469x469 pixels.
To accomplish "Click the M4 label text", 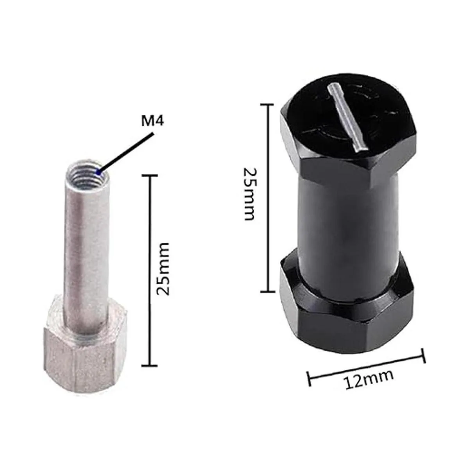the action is pos(153,121).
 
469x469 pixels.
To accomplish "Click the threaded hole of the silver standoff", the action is pos(86,173).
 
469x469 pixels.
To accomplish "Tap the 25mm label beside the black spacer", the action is pos(249,193).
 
